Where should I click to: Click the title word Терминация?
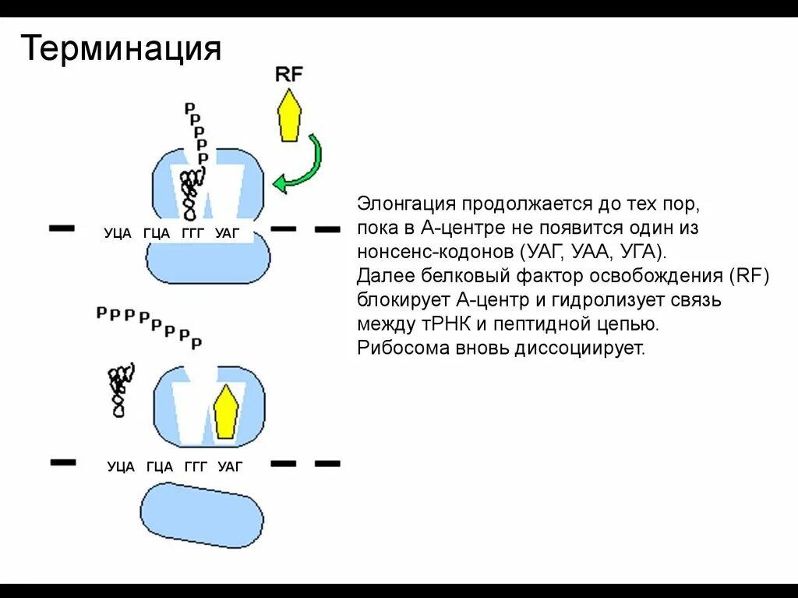pos(121,49)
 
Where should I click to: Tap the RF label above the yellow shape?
pos(289,74)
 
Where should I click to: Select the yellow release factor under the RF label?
pos(290,116)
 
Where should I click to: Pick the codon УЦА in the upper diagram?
pos(118,233)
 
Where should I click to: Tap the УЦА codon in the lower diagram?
pos(121,467)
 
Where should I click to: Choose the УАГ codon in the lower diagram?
pos(231,467)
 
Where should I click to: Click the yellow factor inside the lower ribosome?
pos(226,412)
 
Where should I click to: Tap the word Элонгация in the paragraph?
pos(406,204)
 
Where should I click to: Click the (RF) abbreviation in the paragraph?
pos(750,277)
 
